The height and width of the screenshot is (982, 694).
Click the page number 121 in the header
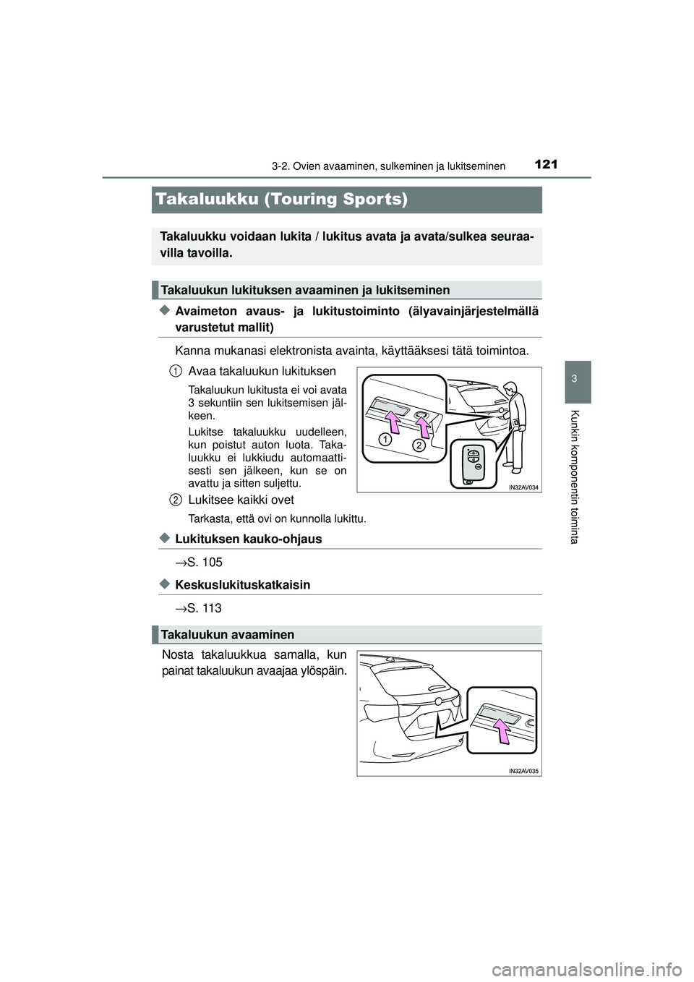(547, 164)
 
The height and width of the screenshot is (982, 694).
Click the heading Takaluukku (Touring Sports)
(281, 200)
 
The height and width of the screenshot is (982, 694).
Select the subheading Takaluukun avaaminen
(228, 634)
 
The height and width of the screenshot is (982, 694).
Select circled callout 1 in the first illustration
(387, 439)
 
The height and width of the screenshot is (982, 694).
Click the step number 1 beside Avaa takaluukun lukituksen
(176, 371)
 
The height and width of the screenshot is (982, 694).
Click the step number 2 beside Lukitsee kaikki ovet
(176, 500)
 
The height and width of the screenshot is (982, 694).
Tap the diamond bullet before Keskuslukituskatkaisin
(164, 584)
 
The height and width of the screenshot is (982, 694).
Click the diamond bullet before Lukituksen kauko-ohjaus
(164, 538)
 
